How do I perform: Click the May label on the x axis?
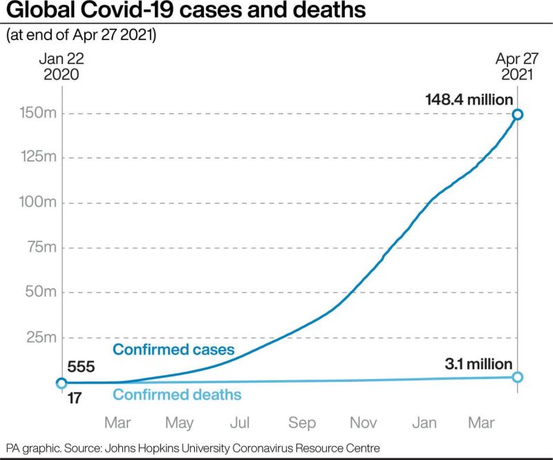click(x=180, y=422)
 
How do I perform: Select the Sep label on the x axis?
click(x=302, y=422)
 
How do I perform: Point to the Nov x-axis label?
click(x=364, y=422)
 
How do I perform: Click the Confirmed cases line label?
click(x=174, y=349)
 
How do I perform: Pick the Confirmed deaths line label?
click(x=177, y=395)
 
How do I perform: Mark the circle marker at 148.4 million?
click(x=518, y=114)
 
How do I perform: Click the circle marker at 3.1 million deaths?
click(x=518, y=377)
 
